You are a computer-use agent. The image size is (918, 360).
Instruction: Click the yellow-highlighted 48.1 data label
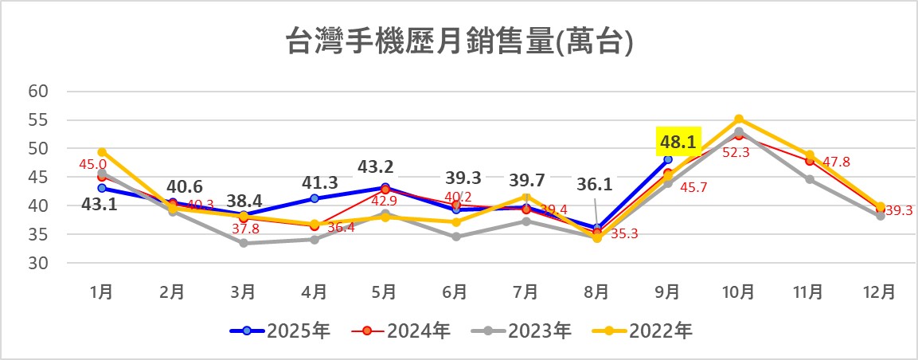coord(678,142)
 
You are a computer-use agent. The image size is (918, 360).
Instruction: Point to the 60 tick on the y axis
coord(39,92)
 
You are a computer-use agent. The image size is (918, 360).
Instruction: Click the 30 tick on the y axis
coord(39,263)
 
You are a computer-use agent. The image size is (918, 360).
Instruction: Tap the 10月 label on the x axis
coord(738,292)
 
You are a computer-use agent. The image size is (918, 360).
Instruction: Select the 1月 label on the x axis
coord(102,292)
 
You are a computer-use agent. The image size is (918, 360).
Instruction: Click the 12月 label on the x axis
coord(879,292)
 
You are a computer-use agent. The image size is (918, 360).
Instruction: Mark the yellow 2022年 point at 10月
coord(739,119)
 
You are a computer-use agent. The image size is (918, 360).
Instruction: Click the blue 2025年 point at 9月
coord(668,159)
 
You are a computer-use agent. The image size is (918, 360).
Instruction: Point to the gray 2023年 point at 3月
coord(244,243)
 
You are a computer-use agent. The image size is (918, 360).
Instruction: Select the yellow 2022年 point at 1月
coord(102,152)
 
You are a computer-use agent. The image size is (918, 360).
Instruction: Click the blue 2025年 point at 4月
coord(314,198)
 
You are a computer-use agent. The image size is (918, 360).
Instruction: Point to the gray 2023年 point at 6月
coord(455,237)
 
